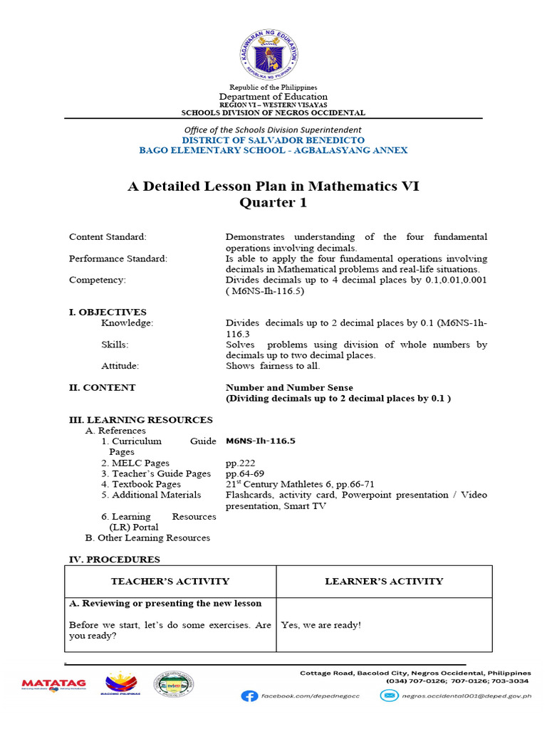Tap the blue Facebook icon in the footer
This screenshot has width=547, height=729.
(249, 696)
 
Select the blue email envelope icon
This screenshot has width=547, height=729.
(388, 696)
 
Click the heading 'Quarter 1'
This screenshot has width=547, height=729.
(273, 203)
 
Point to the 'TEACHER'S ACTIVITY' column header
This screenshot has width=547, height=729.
(170, 581)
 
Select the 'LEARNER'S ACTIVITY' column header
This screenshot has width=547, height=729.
(384, 581)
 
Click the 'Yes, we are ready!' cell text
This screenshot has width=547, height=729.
(321, 625)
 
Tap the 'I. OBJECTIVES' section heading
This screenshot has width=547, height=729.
(108, 312)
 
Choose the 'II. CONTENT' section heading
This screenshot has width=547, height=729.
(102, 388)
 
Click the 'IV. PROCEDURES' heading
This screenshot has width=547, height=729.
(114, 560)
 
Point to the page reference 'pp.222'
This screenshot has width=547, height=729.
(237, 463)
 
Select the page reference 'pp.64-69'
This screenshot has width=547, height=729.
(244, 473)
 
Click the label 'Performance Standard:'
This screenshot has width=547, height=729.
(118, 258)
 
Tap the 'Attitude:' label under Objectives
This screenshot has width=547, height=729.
(120, 366)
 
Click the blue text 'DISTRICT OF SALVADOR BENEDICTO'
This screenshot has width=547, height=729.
(273, 140)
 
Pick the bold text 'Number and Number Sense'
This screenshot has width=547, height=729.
(289, 388)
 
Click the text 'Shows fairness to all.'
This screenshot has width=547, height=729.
(273, 366)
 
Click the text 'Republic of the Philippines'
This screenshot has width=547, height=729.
(273, 87)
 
